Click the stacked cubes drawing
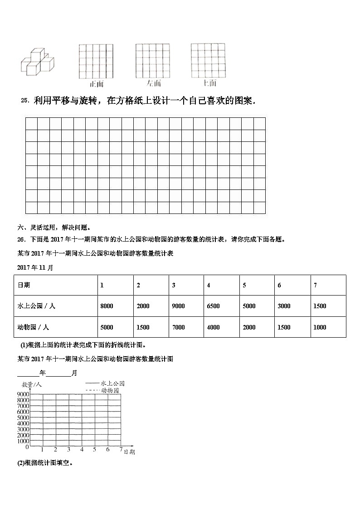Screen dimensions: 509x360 click(37, 61)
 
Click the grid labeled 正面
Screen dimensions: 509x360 click(96, 62)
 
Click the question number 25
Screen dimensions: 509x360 click(25, 102)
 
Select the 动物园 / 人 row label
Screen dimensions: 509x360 click(33, 327)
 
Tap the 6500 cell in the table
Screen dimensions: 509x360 click(213, 306)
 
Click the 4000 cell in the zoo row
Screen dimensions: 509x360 click(213, 327)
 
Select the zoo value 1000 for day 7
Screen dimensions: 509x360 click(320, 327)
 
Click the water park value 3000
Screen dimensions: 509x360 click(284, 306)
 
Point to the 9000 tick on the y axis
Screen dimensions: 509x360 click(23, 394)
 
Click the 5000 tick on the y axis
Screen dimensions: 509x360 click(23, 417)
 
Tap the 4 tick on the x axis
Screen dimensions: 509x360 click(82, 450)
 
